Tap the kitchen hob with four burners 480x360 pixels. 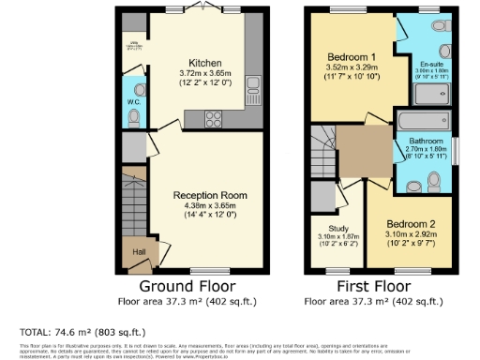tap(211, 118)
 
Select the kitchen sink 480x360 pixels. tap(253, 92)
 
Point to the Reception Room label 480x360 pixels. tap(209, 195)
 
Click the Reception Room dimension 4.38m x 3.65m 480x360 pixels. tap(209, 205)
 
